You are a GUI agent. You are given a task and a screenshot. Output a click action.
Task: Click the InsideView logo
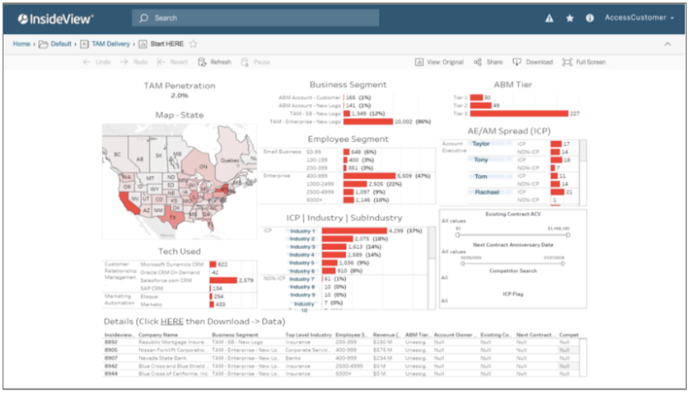click(55, 17)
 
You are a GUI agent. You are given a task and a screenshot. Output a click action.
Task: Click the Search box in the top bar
click(255, 17)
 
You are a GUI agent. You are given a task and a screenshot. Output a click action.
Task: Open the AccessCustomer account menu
click(639, 17)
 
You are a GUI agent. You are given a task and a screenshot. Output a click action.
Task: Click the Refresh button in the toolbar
click(215, 62)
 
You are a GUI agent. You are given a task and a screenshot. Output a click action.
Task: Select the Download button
click(533, 62)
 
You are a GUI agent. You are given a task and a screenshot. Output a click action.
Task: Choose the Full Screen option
click(584, 62)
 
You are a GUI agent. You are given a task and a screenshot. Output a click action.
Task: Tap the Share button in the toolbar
click(489, 62)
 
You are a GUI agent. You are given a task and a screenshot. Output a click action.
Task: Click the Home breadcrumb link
click(21, 44)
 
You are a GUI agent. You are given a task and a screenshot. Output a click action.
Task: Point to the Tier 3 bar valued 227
click(519, 114)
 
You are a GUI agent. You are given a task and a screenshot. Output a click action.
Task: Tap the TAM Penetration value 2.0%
click(179, 96)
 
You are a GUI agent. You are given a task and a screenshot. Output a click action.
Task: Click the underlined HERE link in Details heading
click(172, 321)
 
